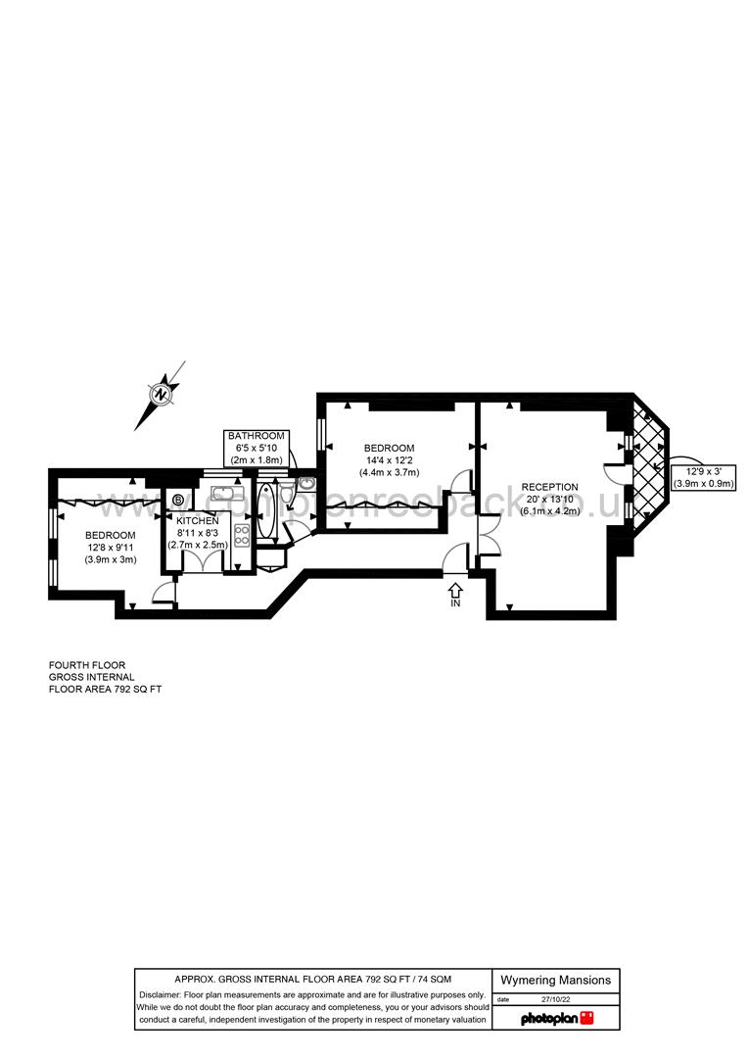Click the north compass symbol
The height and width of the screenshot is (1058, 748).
(x=161, y=394)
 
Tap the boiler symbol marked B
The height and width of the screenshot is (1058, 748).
(x=177, y=501)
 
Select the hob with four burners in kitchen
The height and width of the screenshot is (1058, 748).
(x=241, y=535)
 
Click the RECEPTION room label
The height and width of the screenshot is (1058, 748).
(x=549, y=487)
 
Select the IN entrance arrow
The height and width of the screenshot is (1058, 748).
(x=455, y=595)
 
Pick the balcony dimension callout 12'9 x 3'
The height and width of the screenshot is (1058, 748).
(x=703, y=476)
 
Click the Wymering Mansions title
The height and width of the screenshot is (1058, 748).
(x=555, y=980)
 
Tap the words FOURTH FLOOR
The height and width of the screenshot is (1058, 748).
(x=87, y=665)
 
